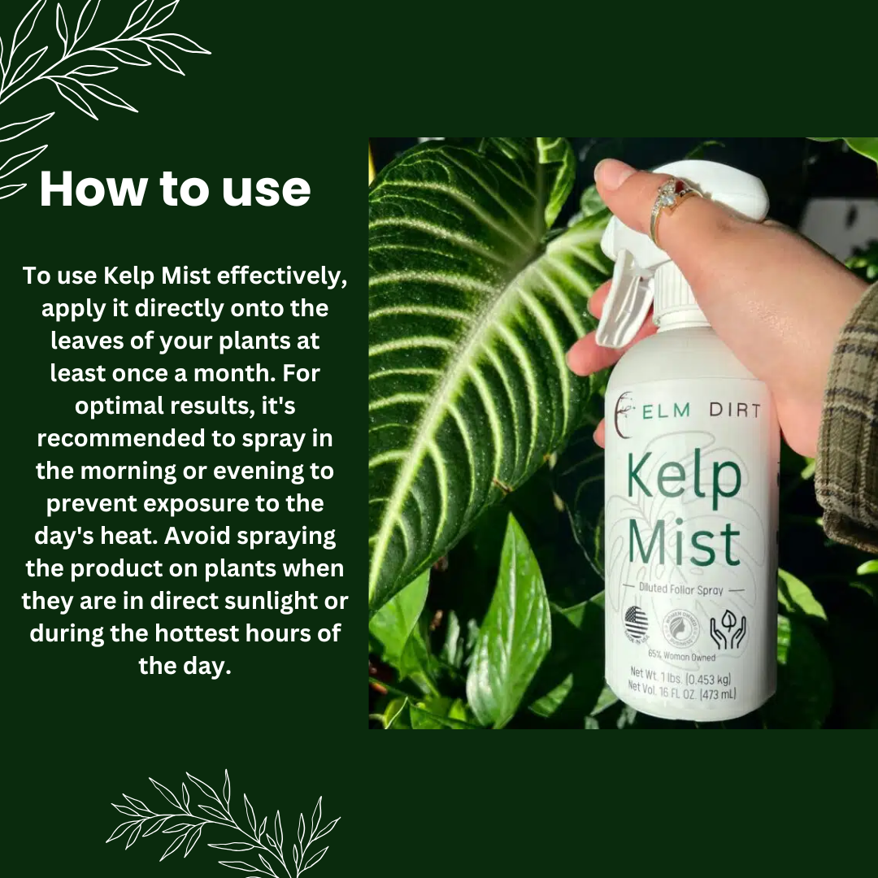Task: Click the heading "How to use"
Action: [175, 189]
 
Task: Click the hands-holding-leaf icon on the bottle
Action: [727, 628]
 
